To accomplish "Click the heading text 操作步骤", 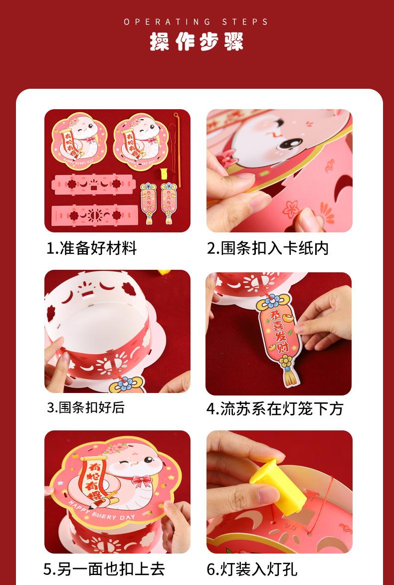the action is click(197, 41).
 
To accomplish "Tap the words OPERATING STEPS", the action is click(197, 22).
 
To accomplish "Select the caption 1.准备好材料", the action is click(92, 248).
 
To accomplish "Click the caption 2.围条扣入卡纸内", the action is click(267, 248).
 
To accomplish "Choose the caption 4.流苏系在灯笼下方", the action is click(275, 408).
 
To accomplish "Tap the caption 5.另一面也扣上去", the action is click(104, 569).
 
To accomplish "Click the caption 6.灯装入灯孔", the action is click(252, 570).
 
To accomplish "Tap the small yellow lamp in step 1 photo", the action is click(164, 174).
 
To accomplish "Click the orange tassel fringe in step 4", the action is click(291, 377).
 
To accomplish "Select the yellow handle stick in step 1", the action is click(178, 149).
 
